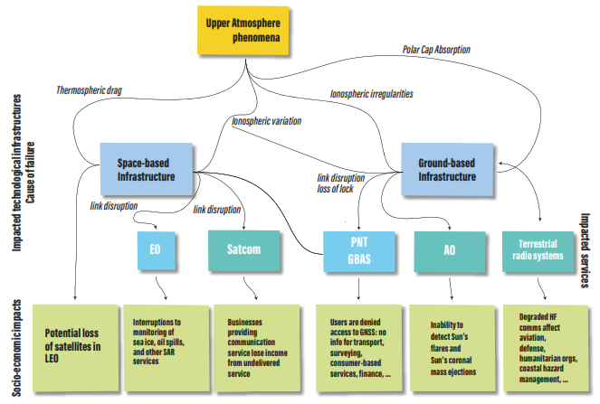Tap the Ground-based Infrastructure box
[x=446, y=170]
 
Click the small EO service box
[x=155, y=250]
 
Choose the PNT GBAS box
[x=359, y=250]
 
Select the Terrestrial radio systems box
[x=540, y=250]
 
